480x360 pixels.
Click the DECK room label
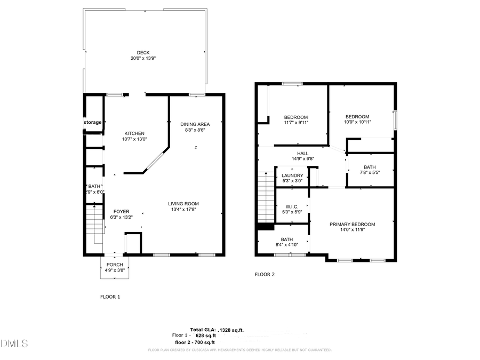click(x=143, y=52)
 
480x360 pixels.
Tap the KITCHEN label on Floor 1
click(x=134, y=133)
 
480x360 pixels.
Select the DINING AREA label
click(x=195, y=124)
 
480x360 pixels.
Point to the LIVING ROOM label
click(x=183, y=203)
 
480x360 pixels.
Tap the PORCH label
click(x=115, y=265)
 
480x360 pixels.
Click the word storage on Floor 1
click(x=92, y=122)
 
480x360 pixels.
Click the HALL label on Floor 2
click(x=303, y=153)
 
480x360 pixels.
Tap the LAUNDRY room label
click(x=292, y=175)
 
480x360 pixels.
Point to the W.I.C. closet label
click(x=292, y=207)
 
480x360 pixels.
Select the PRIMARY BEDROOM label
click(x=352, y=225)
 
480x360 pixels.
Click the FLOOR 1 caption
click(x=110, y=297)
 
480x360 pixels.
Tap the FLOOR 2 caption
click(x=265, y=275)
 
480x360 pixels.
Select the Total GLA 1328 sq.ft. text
click(x=217, y=330)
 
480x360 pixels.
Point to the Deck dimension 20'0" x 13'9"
click(x=143, y=58)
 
